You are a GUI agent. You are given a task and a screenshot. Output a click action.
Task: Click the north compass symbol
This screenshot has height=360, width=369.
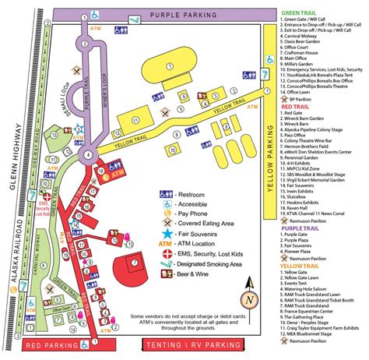pyautogui.click(x=247, y=299)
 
